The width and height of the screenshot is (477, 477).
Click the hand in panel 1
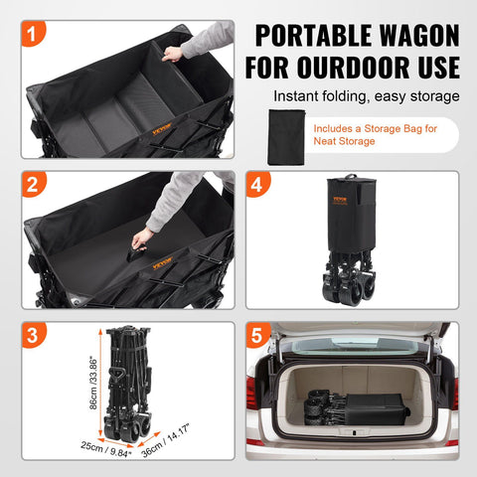coord(174,53)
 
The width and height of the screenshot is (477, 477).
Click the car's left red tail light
coord(253,393)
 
